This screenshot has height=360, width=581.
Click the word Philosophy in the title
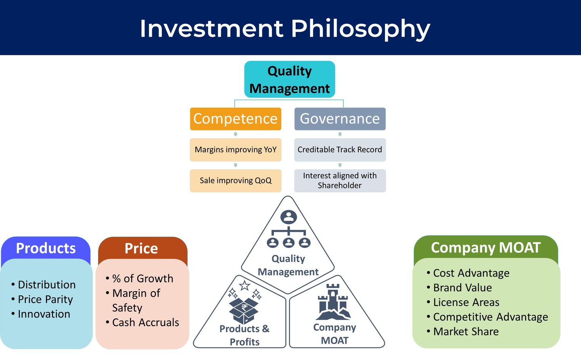pyautogui.click(x=361, y=29)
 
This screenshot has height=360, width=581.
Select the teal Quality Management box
pyautogui.click(x=289, y=79)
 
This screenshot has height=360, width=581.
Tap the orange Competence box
pyautogui.click(x=236, y=119)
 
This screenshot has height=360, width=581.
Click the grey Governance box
pyautogui.click(x=340, y=119)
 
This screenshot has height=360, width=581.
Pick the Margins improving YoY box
pyautogui.click(x=236, y=150)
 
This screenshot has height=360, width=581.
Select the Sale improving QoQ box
pyautogui.click(x=236, y=181)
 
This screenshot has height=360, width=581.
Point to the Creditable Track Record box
pyautogui.click(x=340, y=150)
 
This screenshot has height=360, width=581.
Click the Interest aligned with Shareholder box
pyautogui.click(x=340, y=181)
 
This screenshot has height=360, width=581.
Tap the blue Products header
pyautogui.click(x=46, y=248)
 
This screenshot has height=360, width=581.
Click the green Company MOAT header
pyautogui.click(x=485, y=248)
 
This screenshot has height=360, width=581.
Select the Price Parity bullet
pyautogui.click(x=42, y=300)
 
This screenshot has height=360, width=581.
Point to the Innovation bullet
pyautogui.click(x=41, y=314)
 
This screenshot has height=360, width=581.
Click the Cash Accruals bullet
pyautogui.click(x=142, y=323)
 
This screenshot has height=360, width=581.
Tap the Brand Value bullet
pyautogui.click(x=459, y=288)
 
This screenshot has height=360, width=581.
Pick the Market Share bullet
pyautogui.click(x=462, y=331)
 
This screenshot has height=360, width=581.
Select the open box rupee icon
pyautogui.click(x=244, y=311)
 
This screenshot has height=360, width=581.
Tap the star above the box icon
pyautogui.click(x=245, y=285)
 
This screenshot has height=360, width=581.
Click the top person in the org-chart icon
pyautogui.click(x=288, y=217)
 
